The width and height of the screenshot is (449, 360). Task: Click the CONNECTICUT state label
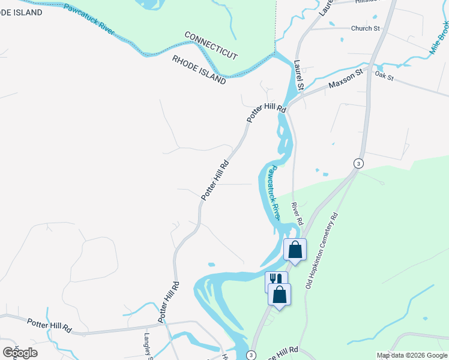tap(211, 46)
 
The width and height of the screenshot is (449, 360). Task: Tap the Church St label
tap(366, 28)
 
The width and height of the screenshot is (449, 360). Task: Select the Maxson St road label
tap(346, 79)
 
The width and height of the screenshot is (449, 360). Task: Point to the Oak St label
tap(384, 76)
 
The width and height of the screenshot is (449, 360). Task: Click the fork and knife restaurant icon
tap(276, 280)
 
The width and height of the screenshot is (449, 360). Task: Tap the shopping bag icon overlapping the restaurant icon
tap(280, 295)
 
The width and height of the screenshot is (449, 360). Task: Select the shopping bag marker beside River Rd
tap(295, 249)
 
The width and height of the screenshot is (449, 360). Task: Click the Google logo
tap(19, 353)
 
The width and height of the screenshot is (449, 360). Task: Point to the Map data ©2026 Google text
tap(412, 355)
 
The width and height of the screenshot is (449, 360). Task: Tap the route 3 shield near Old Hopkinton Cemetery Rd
tap(358, 163)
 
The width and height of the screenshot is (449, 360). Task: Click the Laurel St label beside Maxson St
tap(299, 74)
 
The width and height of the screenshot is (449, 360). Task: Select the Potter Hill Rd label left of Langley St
tap(49, 326)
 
